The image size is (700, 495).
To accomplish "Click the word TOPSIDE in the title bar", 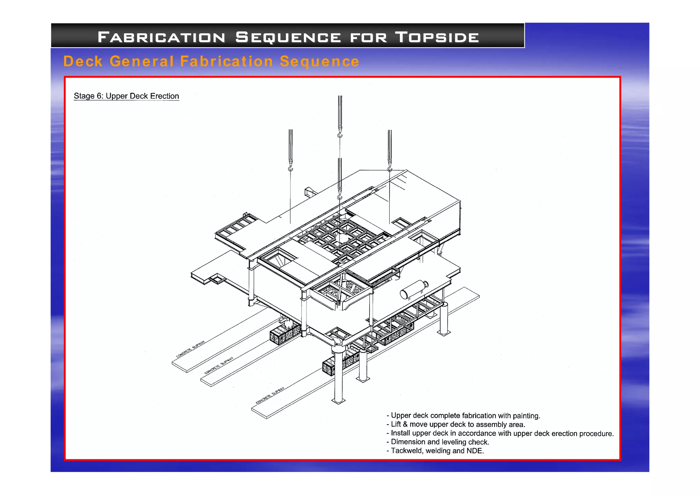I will point(437,37).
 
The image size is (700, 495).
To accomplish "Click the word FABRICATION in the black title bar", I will point(161,37).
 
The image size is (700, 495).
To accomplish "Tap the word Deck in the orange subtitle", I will point(83,62).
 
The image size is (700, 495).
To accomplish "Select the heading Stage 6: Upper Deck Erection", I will point(126,96).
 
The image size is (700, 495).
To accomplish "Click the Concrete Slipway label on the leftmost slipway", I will point(191,349).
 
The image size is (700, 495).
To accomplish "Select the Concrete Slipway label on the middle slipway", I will point(219,365).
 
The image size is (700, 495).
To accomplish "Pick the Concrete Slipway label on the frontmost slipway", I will point(270,396).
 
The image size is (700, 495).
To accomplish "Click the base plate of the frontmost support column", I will point(338,401).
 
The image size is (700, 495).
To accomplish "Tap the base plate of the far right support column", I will point(444,333).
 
